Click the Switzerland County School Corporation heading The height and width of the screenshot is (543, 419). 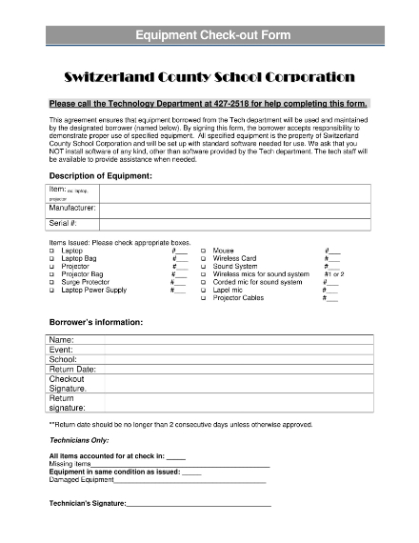pos(209,76)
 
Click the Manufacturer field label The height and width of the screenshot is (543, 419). pos(72,208)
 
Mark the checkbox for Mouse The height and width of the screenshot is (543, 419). pos(204,251)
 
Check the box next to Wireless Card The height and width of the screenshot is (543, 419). pos(204,258)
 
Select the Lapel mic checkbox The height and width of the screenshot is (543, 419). pos(204,291)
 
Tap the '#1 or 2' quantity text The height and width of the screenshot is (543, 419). pos(333,274)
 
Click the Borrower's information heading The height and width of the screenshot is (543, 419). pos(96,322)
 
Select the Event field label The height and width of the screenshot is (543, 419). pos(61,350)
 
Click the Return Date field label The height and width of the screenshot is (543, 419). pos(72,369)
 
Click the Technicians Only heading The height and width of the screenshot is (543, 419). pos(78,441)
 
